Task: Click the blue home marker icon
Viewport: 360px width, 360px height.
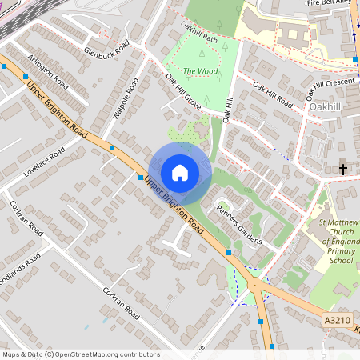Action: click(180, 172)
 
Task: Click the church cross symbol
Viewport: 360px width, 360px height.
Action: click(343, 169)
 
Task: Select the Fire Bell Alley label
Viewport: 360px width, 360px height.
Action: click(327, 5)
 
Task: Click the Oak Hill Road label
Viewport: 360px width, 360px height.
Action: click(272, 95)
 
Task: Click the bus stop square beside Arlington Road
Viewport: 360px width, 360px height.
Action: click(4, 67)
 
